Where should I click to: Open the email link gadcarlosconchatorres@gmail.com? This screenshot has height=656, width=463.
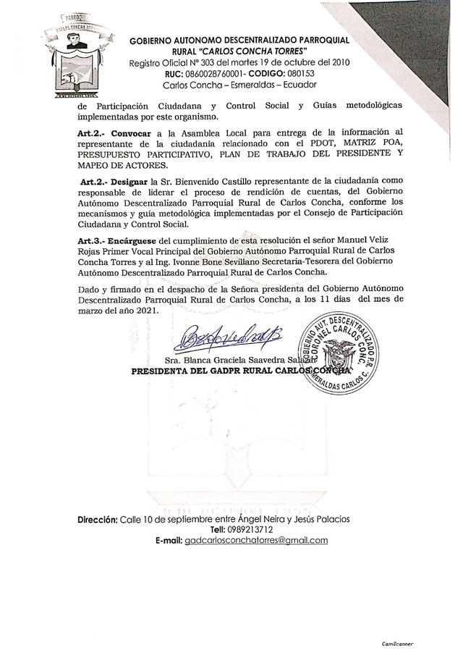click(x=256, y=541)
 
